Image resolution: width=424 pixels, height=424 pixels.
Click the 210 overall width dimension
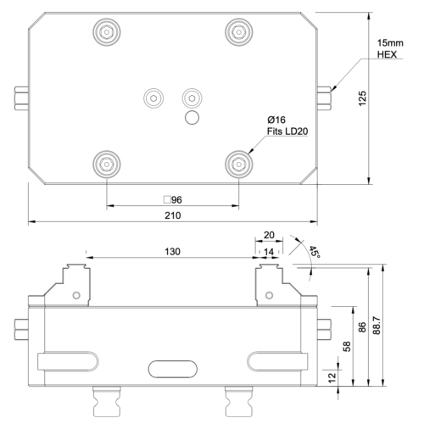pyautogui.click(x=172, y=216)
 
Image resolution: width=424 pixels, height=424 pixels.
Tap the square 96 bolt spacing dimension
pyautogui.click(x=173, y=199)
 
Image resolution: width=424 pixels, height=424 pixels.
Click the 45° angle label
pyautogui.click(x=314, y=253)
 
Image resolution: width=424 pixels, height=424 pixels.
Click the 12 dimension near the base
pyautogui.click(x=332, y=377)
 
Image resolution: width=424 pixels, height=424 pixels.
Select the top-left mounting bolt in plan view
pyautogui.click(x=106, y=32)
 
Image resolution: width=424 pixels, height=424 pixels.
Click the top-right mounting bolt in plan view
pyautogui.click(x=238, y=32)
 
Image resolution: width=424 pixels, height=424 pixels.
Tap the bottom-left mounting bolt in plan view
pyautogui.click(x=106, y=161)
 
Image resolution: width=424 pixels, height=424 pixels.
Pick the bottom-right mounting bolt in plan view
pyautogui.click(x=238, y=161)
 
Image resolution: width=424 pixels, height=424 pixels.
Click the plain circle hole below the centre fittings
pyautogui.click(x=192, y=116)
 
